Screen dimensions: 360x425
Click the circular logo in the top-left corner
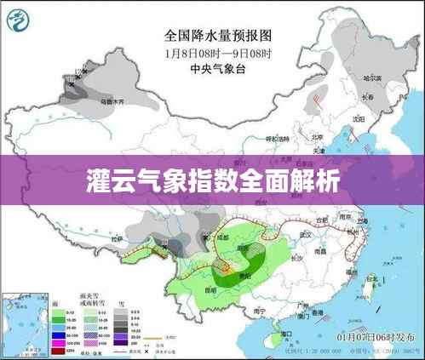[x=18, y=16]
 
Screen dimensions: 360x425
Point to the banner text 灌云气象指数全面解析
[x=212, y=180]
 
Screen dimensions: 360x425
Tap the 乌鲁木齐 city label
[x=112, y=101]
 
